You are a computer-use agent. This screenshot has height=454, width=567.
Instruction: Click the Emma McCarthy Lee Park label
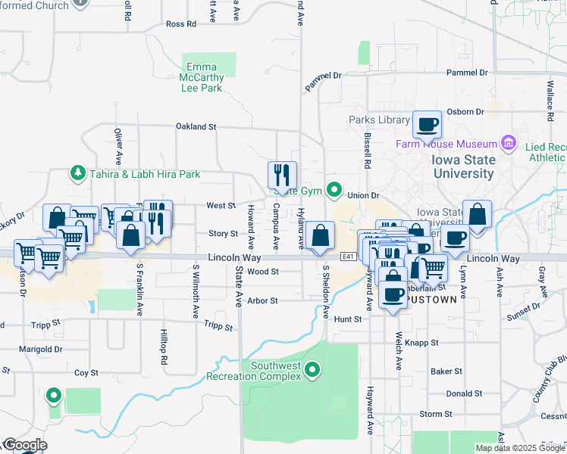click(201, 77)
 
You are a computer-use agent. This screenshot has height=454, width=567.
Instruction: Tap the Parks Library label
click(379, 120)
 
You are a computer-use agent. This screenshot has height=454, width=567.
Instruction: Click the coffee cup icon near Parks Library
click(427, 123)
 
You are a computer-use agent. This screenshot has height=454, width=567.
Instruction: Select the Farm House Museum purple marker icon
click(508, 143)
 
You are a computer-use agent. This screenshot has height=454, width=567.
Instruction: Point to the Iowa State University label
click(463, 166)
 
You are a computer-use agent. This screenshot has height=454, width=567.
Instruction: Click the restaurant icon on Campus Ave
click(282, 175)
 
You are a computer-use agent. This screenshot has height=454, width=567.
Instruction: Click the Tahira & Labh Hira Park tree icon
click(77, 173)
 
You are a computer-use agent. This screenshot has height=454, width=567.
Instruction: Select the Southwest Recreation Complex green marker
click(314, 370)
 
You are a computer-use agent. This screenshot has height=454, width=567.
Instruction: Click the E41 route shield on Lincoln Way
click(348, 257)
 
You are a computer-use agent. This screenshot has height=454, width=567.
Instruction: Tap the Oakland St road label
click(196, 126)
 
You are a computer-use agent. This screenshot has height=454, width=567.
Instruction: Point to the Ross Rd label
click(180, 23)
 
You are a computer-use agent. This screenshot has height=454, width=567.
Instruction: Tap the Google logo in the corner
click(24, 445)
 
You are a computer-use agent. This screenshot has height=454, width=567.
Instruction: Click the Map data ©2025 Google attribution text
click(519, 448)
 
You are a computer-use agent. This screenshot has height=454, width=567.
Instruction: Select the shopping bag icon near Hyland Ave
click(321, 235)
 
